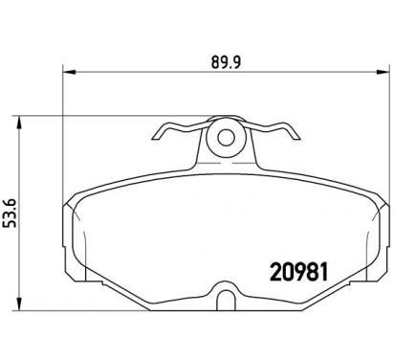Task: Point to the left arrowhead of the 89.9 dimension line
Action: pyautogui.click(x=68, y=71)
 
